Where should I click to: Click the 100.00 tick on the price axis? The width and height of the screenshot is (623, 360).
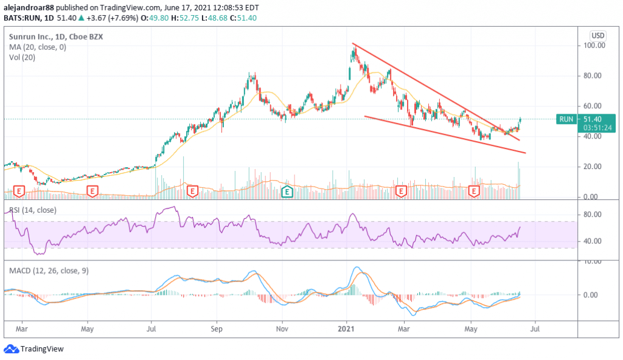click(x=594, y=46)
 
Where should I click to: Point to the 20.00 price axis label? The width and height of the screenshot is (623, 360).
click(x=594, y=167)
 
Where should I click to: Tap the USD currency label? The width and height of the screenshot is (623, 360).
click(x=598, y=35)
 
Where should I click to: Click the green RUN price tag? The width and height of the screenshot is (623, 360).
click(x=566, y=119)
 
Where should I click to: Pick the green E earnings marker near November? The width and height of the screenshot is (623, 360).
click(x=287, y=192)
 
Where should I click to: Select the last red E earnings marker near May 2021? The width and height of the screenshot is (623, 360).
click(x=475, y=192)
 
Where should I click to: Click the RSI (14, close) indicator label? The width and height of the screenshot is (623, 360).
click(x=32, y=210)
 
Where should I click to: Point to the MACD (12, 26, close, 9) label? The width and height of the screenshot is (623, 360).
click(x=49, y=271)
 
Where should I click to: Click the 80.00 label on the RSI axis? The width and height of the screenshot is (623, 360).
click(x=594, y=215)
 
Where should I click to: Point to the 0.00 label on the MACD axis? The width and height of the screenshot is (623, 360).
click(x=594, y=295)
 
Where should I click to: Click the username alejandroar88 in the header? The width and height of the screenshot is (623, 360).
click(x=30, y=8)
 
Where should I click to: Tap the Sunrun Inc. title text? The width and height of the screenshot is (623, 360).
click(x=30, y=36)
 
